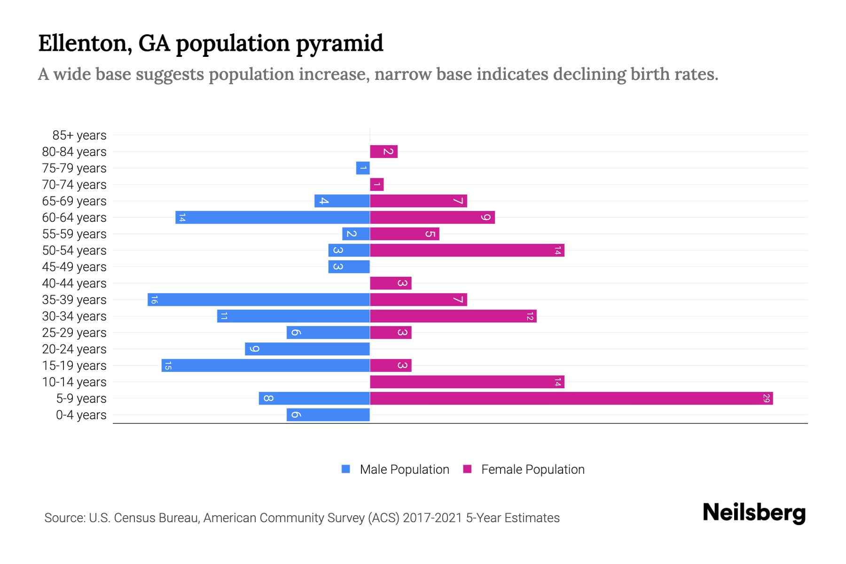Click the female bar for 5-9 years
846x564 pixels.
(x=571, y=399)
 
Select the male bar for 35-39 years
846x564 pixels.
(x=258, y=300)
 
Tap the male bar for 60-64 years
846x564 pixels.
(x=273, y=218)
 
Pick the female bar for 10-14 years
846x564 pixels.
(x=467, y=382)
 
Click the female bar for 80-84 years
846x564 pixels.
(x=384, y=152)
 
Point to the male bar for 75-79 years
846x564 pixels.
(x=363, y=168)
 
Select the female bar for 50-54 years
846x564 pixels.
(x=467, y=251)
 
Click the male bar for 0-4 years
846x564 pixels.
(x=328, y=415)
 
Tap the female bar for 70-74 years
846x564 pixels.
(x=377, y=185)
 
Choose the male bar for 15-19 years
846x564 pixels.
(x=266, y=366)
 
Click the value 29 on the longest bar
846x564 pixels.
(x=766, y=399)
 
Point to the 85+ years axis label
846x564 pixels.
(x=79, y=135)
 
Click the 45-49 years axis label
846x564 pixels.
(x=74, y=267)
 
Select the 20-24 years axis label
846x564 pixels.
(x=74, y=349)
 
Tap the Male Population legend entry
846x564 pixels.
(x=404, y=470)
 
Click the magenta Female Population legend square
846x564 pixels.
(x=467, y=469)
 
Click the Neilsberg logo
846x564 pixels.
(x=754, y=512)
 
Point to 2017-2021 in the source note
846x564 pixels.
(x=432, y=518)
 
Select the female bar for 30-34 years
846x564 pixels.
(x=453, y=316)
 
